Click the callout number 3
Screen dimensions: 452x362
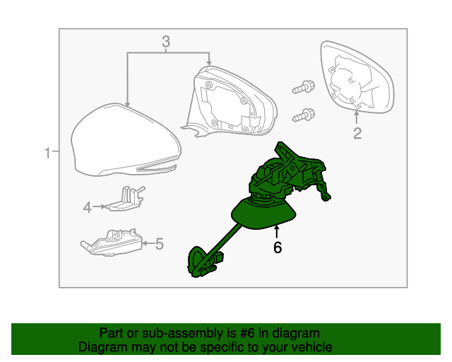166,42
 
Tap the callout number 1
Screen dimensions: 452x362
47,153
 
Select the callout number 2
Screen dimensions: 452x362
357,134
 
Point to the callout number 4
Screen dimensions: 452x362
88,207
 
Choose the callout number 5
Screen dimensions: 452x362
160,244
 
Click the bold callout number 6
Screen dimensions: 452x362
278,247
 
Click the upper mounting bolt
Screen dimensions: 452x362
304,87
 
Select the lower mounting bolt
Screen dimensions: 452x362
304,115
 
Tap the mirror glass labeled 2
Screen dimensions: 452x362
357,77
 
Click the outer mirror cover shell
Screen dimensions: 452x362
126,140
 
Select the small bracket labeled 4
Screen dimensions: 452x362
126,199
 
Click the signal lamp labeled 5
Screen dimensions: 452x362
112,242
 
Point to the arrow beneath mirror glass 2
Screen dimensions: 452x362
357,118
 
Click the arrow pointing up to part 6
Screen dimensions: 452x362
277,233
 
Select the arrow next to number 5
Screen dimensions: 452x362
148,244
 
